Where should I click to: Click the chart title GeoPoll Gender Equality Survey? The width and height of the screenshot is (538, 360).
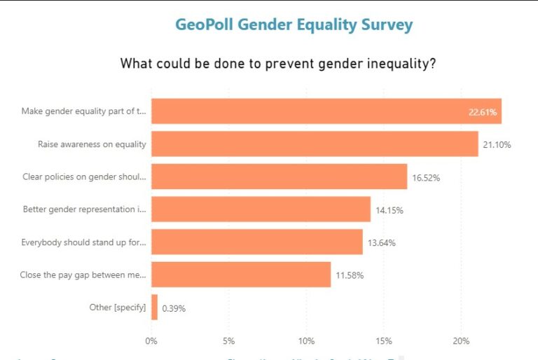point(294,25)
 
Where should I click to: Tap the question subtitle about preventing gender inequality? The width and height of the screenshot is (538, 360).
point(279,64)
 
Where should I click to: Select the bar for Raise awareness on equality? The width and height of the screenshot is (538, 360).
point(315,144)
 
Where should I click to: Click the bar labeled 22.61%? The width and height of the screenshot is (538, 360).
point(326,111)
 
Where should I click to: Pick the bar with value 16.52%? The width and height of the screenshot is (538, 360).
point(279,177)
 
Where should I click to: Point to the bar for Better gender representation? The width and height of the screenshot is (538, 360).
point(261,209)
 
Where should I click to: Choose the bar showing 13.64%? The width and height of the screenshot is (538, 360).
point(256,242)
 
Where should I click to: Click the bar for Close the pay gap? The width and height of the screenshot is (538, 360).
point(241,275)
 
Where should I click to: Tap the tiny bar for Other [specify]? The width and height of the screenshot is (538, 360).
point(154,307)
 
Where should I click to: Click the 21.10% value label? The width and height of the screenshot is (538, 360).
point(497,145)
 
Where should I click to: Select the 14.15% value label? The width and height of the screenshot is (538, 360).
point(389,210)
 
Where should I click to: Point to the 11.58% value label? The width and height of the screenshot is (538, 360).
point(350,275)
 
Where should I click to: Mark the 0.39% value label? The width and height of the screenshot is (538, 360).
point(174,308)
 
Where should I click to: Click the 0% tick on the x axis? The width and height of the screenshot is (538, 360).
point(151,341)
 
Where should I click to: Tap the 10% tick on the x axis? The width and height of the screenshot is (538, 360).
point(306,341)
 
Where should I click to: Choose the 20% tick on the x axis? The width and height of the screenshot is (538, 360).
point(461,341)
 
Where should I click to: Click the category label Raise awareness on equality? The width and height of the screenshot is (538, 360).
point(92,144)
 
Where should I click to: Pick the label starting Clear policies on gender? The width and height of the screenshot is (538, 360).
point(85,177)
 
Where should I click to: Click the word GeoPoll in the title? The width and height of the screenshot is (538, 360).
point(205,25)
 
